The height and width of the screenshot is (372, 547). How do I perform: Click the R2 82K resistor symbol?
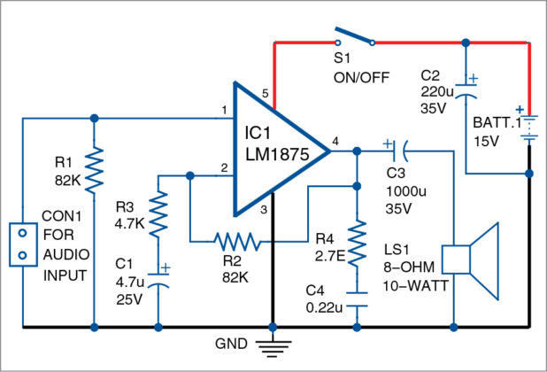235,239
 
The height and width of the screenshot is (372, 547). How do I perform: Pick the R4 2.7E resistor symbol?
358,243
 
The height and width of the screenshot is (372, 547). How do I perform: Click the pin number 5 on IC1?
265,93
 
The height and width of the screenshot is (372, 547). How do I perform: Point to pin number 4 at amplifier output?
335,140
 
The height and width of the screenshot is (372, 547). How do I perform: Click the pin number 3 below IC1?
262,209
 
